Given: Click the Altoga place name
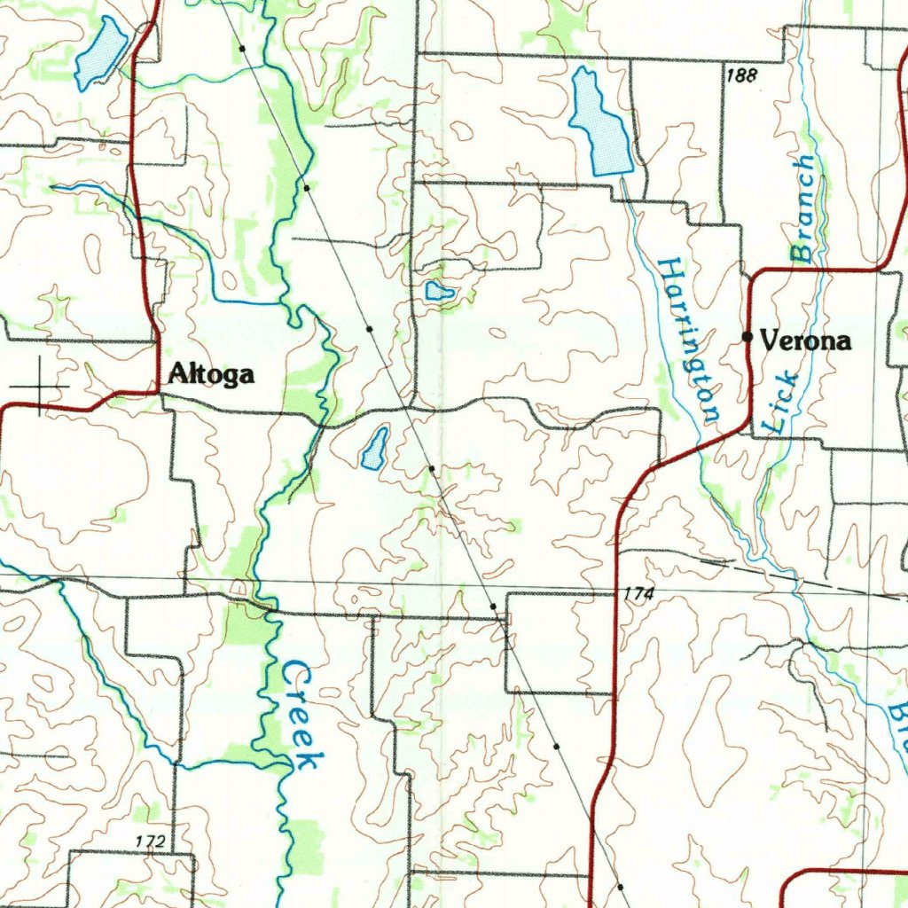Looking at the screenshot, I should point(211,375).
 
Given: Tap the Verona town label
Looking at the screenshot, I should point(805,340).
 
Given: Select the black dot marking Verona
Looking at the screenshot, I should point(748,337).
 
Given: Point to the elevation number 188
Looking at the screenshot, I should point(741,76).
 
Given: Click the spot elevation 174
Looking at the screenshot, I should point(638,595).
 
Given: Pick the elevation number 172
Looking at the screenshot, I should point(152,840).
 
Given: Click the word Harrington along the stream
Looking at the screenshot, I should point(689,339).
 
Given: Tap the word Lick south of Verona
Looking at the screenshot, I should point(780,403).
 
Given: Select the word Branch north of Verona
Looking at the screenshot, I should point(802,209).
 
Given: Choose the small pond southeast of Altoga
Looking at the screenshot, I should point(375,448).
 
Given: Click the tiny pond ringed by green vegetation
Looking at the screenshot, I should point(439,291).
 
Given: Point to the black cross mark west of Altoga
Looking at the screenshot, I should point(40,387).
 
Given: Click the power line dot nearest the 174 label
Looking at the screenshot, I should point(493,606).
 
